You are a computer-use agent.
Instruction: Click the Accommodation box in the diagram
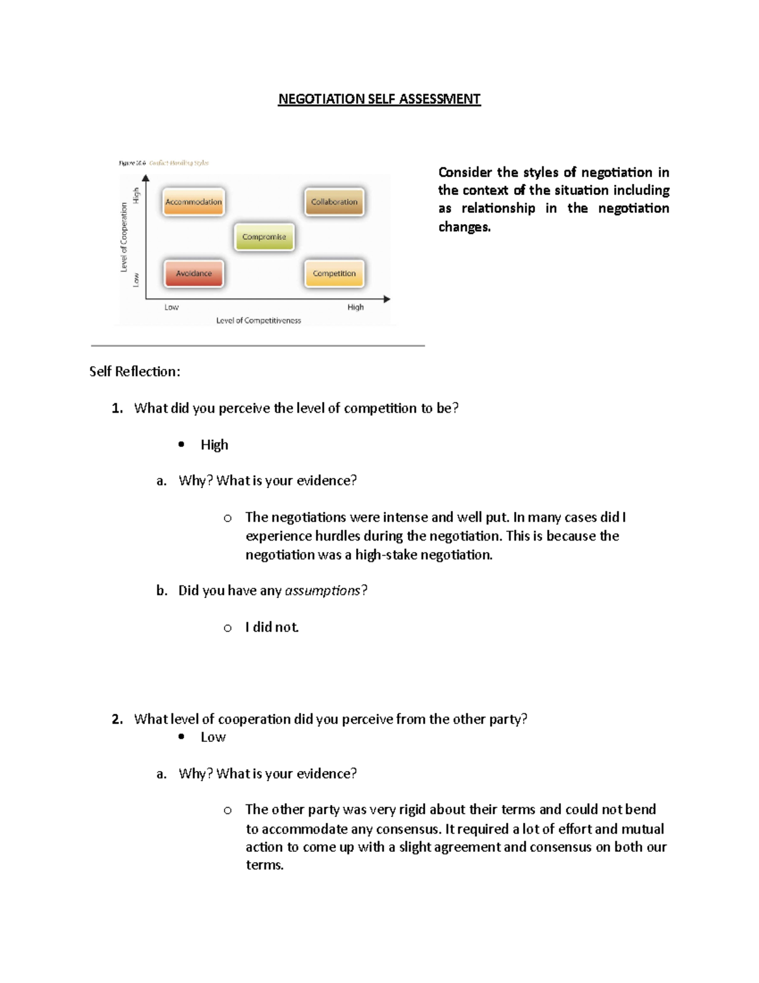(194, 202)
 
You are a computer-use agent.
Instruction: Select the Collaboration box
(334, 202)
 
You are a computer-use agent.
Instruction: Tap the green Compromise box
(264, 237)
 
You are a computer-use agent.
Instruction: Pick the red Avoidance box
(194, 273)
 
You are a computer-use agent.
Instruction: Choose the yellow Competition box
(334, 273)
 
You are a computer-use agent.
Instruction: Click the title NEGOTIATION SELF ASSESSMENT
(379, 99)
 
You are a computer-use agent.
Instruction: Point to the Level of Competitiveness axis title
(259, 320)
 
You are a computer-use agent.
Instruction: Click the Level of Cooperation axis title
(124, 237)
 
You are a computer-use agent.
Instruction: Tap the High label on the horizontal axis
(355, 307)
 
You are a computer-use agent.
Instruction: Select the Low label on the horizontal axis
(171, 307)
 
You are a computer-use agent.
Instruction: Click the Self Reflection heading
(135, 372)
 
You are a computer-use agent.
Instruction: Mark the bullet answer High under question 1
(214, 445)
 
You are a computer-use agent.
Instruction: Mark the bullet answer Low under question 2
(213, 737)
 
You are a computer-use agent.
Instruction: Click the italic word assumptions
(323, 591)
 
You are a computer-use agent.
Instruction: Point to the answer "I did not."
(272, 627)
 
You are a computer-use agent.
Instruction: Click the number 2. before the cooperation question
(117, 719)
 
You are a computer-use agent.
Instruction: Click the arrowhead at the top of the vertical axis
(146, 178)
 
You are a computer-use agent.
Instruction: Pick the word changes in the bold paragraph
(464, 227)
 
